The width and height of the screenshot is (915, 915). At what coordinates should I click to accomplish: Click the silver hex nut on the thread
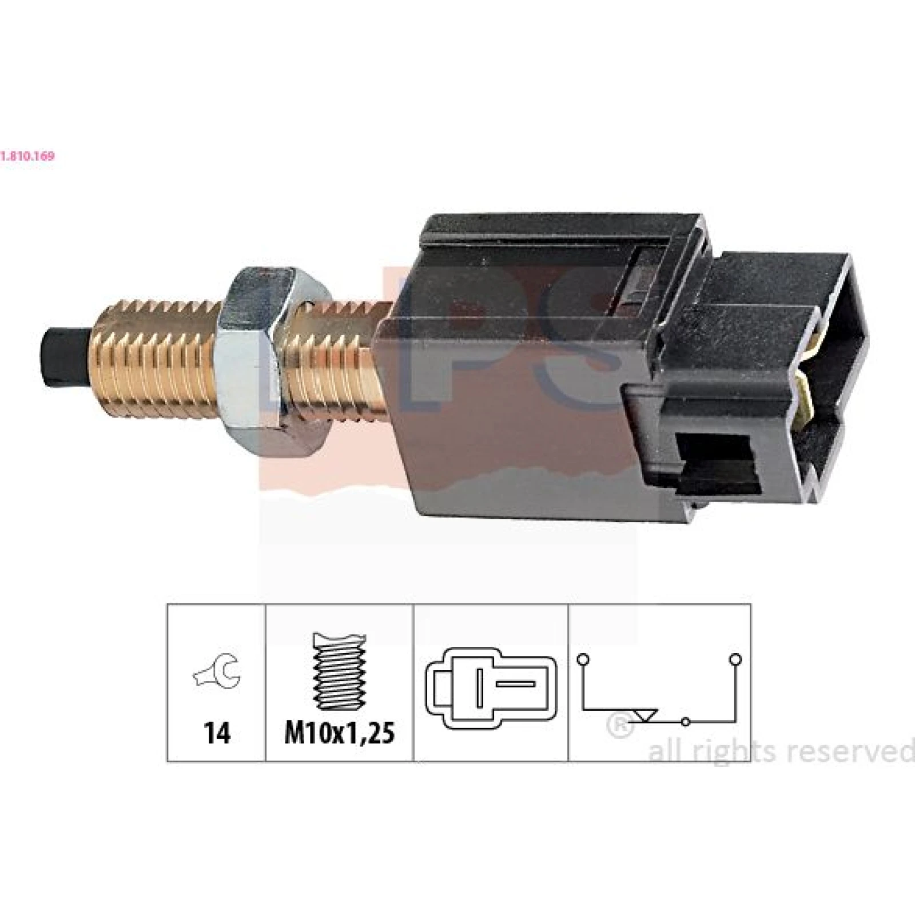(x=269, y=355)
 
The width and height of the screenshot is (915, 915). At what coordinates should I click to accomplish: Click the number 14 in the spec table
(x=217, y=733)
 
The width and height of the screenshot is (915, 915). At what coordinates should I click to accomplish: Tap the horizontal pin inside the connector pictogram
(x=515, y=684)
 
